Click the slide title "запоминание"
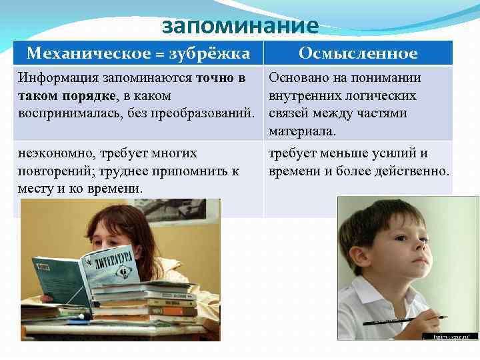click(241, 26)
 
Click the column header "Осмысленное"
click(358, 53)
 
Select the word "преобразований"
click(209, 113)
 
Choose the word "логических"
click(385, 96)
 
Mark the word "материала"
click(300, 131)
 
